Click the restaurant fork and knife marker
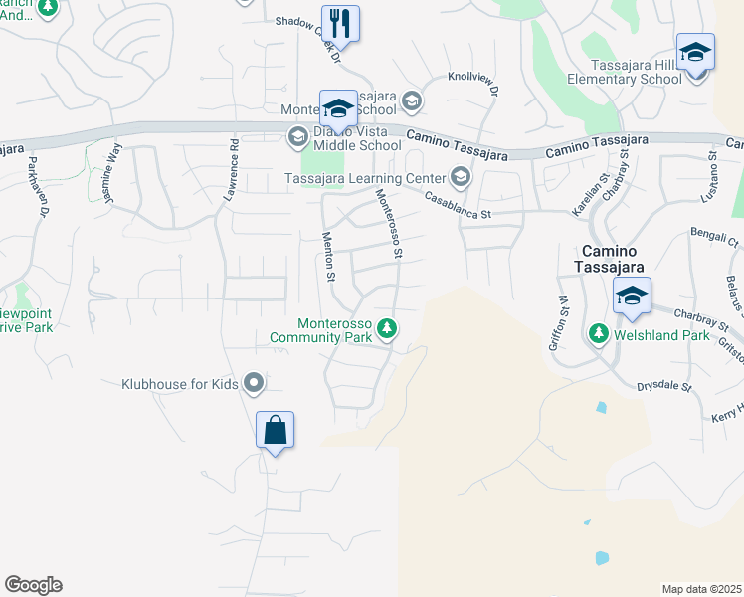pyautogui.click(x=340, y=24)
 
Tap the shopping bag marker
pyautogui.click(x=276, y=431)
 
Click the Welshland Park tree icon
pyautogui.click(x=599, y=334)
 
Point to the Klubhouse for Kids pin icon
pyautogui.click(x=254, y=382)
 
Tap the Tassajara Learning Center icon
pyautogui.click(x=460, y=178)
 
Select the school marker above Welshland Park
pyautogui.click(x=631, y=296)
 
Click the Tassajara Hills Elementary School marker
pyautogui.click(x=695, y=52)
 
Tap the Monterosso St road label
pyautogui.click(x=387, y=226)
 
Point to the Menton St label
pyautogui.click(x=330, y=256)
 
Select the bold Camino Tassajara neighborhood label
pyautogui.click(x=610, y=259)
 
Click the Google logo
pyautogui.click(x=33, y=585)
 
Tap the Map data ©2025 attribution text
pyautogui.click(x=701, y=589)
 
